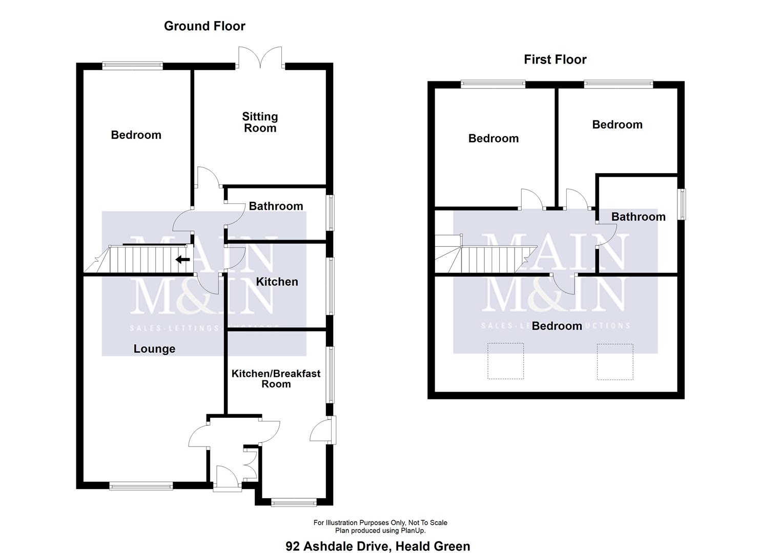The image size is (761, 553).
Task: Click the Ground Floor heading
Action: tap(204, 26)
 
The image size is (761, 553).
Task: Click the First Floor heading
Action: tap(555, 59)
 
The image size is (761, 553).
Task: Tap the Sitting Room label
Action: tap(260, 122)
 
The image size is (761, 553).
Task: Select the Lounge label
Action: tap(154, 349)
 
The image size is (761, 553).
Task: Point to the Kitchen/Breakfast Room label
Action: tap(276, 379)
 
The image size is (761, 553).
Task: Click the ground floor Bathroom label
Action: tap(276, 206)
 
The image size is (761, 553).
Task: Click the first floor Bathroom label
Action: tap(638, 217)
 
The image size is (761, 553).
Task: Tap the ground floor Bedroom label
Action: tap(136, 135)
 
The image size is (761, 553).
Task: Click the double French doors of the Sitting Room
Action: tap(260, 58)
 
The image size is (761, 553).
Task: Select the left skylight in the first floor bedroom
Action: tap(505, 361)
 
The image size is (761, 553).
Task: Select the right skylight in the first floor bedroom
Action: tap(615, 361)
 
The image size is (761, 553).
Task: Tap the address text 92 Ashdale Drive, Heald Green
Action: tap(378, 546)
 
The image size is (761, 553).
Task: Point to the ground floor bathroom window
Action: tap(331, 212)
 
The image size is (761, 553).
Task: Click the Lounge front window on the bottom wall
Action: tap(141, 486)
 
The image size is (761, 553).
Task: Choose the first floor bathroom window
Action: tap(682, 204)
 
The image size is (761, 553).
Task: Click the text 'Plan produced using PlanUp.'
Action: tap(380, 530)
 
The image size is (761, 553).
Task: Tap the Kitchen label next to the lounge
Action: tap(277, 282)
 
